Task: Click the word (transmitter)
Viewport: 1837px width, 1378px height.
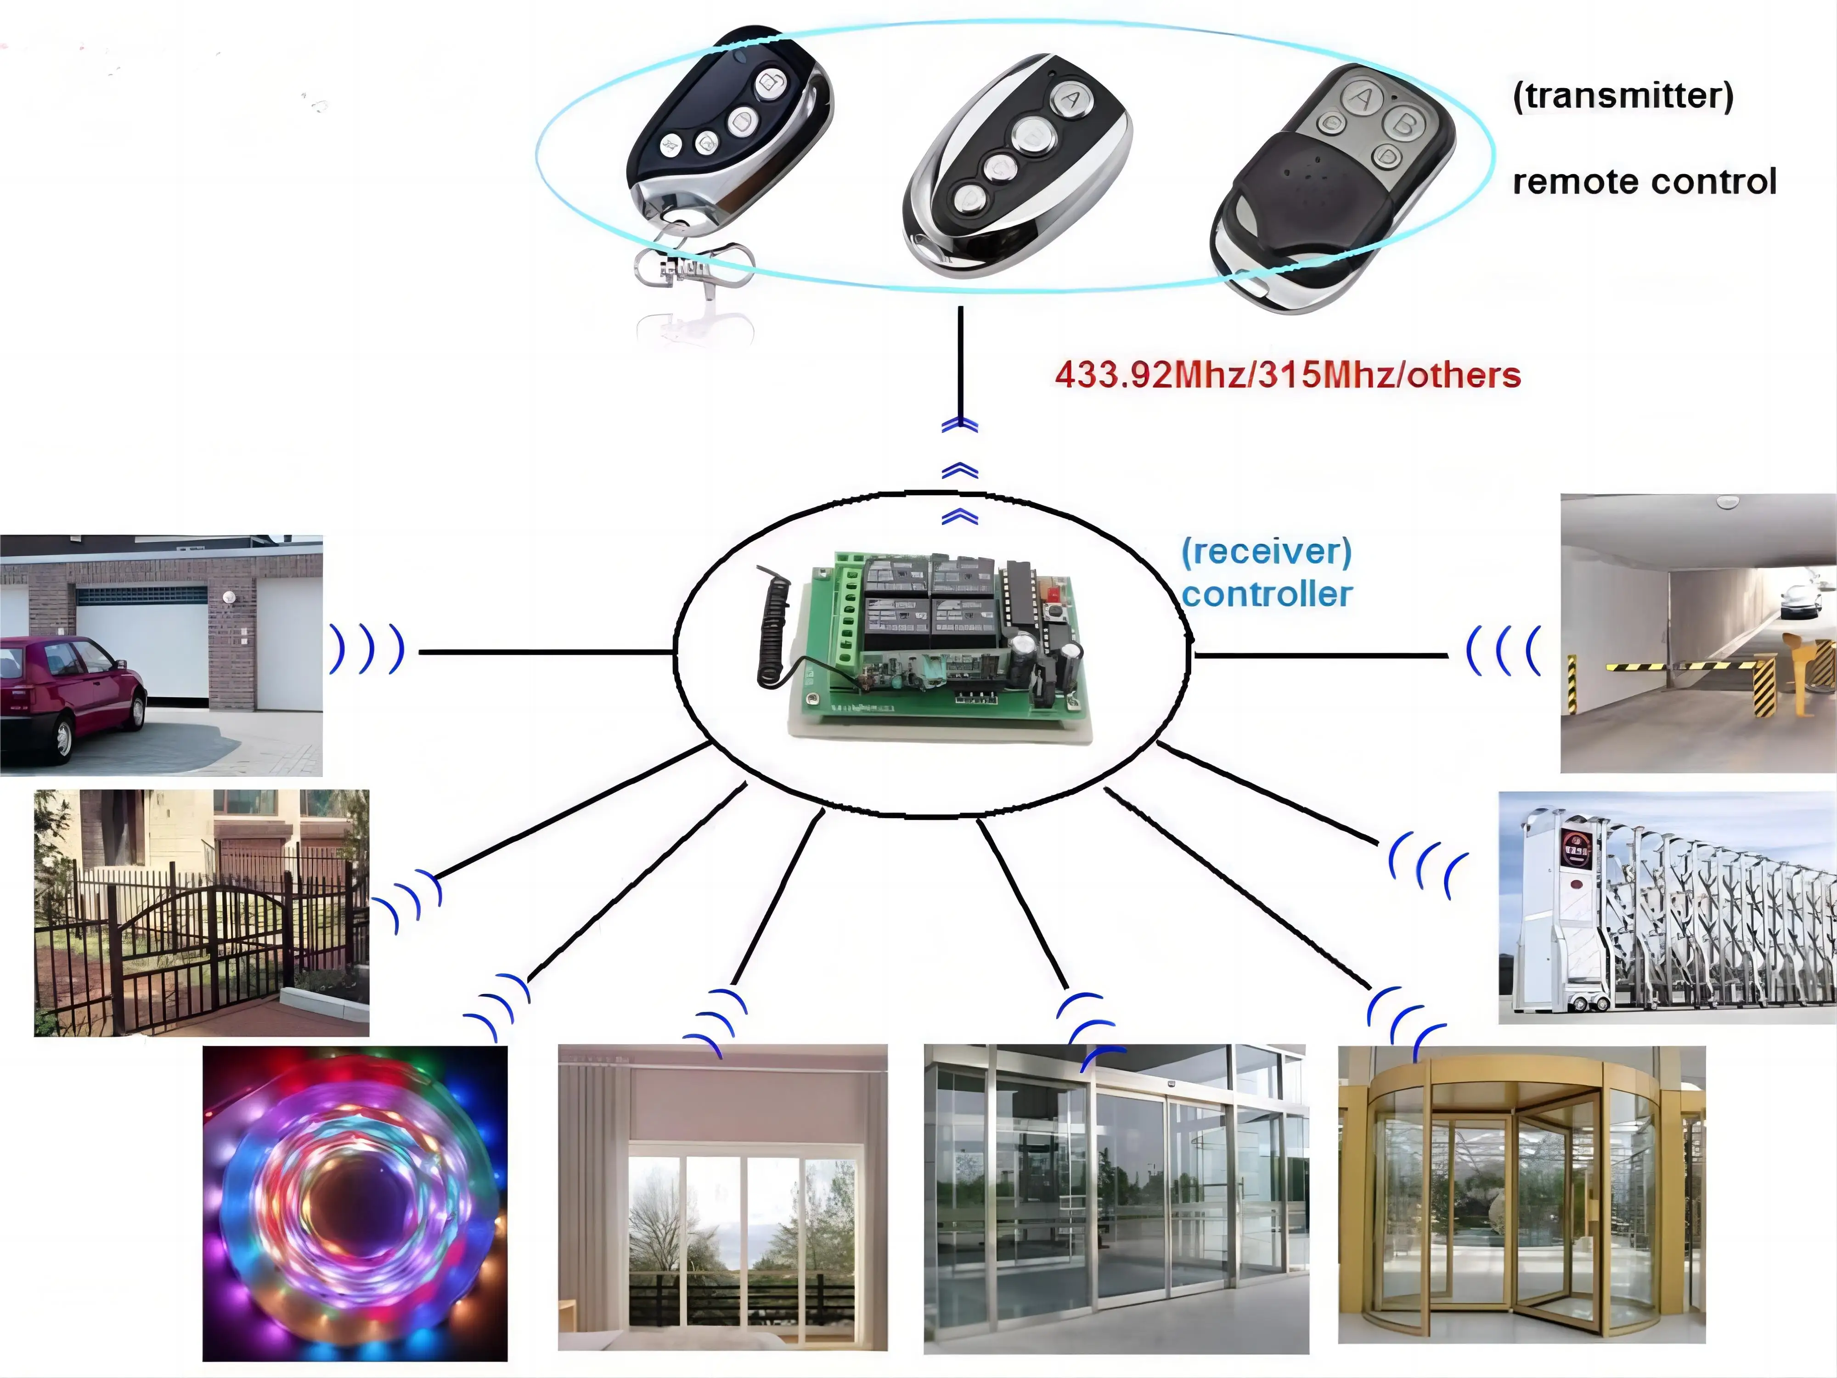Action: pos(1623,96)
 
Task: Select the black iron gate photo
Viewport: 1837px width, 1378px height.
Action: pos(202,913)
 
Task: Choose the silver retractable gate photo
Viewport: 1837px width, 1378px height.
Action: pos(1668,908)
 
